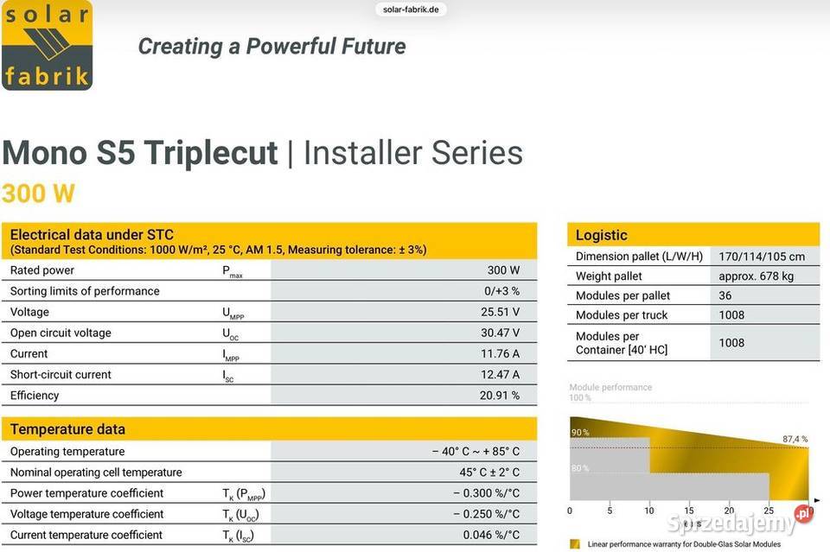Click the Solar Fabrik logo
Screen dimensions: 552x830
(47, 46)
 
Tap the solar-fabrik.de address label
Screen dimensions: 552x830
(411, 10)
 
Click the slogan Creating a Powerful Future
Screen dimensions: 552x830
(271, 46)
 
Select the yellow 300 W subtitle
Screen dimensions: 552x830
(38, 193)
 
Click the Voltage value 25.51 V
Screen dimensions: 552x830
(503, 312)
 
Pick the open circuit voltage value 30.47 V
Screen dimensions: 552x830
(503, 333)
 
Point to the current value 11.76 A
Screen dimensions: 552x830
(503, 353)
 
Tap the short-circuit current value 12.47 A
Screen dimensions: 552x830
(503, 374)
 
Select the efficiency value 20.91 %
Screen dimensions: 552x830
(500, 395)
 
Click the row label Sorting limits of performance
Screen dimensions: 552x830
(85, 291)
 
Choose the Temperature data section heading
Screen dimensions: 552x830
(67, 429)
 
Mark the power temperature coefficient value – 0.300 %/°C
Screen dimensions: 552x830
(486, 493)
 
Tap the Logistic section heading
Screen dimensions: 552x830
(602, 235)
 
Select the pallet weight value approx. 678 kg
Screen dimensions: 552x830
(756, 276)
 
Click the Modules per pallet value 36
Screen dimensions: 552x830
(725, 295)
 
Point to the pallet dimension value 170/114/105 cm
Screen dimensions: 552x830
(762, 257)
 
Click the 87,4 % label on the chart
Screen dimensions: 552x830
(795, 440)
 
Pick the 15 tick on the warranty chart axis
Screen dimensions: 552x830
(689, 511)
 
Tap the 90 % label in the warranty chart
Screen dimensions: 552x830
(580, 432)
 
